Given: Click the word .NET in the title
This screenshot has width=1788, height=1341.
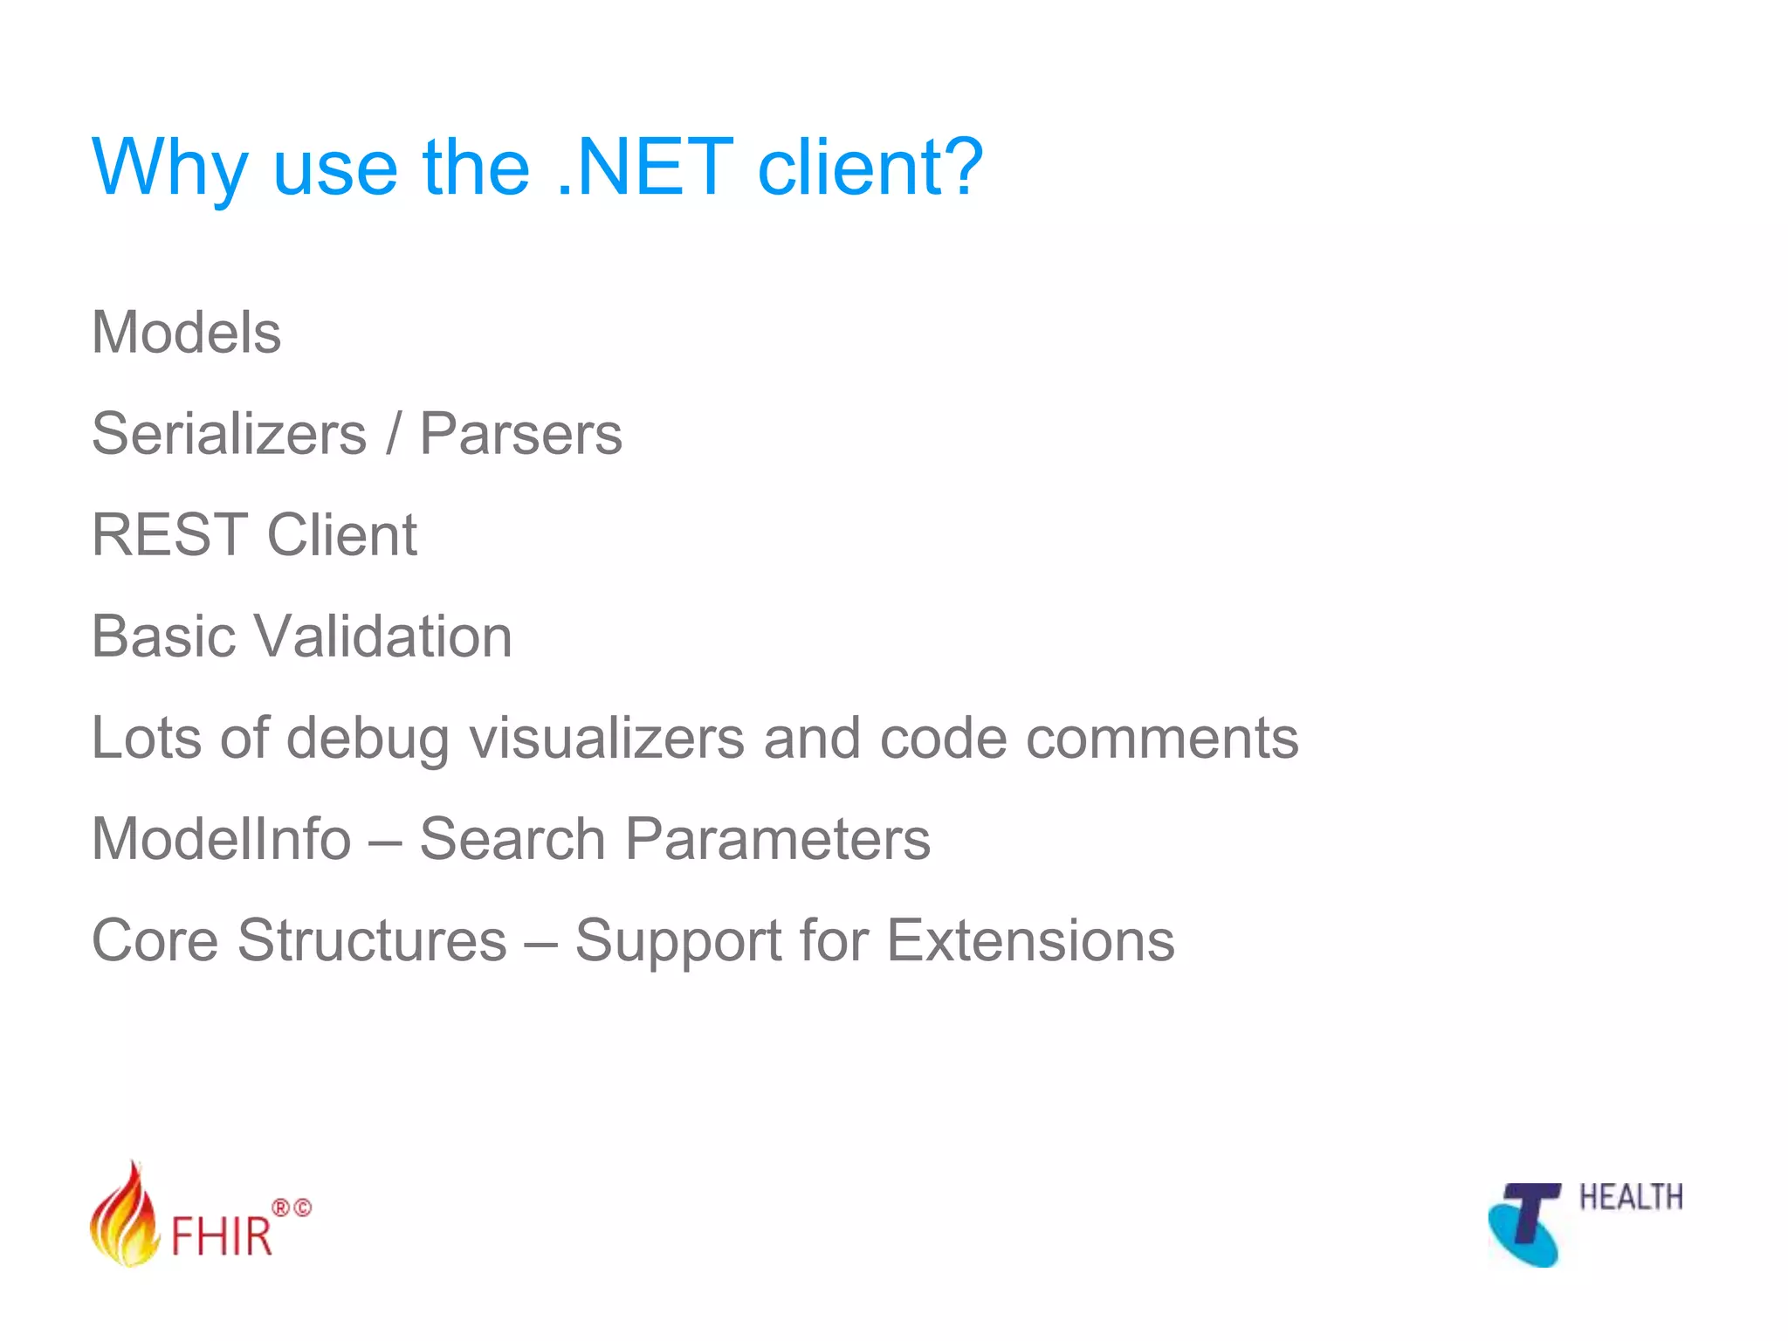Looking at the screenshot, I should (644, 168).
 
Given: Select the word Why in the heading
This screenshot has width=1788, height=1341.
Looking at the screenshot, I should (169, 168).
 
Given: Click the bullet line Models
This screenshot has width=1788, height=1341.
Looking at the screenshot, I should (186, 333).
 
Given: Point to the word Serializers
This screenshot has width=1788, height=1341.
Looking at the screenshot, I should (229, 434).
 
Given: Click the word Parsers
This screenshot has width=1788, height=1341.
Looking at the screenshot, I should (520, 434).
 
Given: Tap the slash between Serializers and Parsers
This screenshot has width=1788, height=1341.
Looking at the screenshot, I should (394, 434).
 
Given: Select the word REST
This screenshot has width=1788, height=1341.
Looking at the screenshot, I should (169, 534).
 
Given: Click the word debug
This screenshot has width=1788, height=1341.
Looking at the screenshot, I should (368, 739).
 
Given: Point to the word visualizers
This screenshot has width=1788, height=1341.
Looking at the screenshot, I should (607, 738).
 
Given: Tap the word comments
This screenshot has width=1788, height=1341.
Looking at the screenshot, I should (1161, 739).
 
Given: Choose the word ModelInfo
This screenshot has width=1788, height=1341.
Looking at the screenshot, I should (221, 839).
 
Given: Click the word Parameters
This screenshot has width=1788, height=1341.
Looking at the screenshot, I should (777, 839).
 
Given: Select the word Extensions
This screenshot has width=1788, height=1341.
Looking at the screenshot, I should (1030, 940).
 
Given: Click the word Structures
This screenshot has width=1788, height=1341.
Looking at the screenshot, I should (371, 940).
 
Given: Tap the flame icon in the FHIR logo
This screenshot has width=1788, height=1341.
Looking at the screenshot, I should (125, 1216).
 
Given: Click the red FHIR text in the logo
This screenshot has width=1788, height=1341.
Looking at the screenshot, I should (222, 1235).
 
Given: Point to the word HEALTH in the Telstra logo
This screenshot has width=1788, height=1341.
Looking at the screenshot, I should (1630, 1198).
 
